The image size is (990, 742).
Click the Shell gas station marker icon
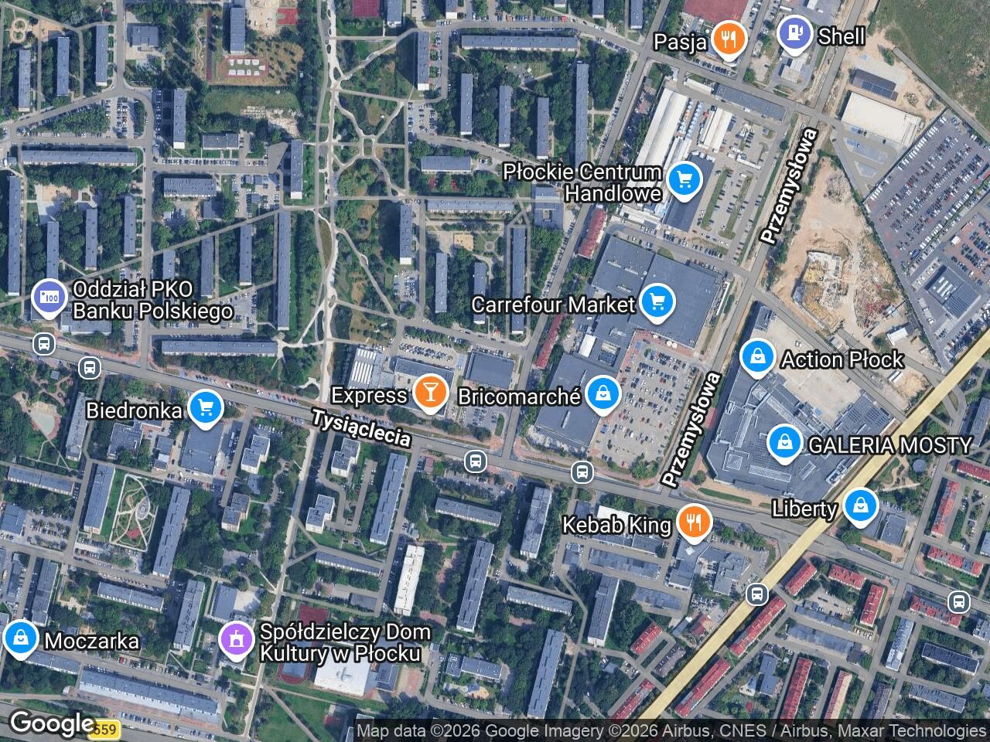coord(794,34)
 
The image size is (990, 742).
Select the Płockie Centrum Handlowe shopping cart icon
coord(683,181)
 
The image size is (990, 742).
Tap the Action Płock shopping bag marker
coord(758,357)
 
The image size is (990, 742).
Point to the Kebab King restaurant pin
coord(694,522)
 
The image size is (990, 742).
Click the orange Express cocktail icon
coord(428,393)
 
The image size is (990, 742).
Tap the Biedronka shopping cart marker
coord(205,407)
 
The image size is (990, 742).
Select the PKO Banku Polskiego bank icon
coord(49,297)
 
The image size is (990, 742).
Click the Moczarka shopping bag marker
coord(19,638)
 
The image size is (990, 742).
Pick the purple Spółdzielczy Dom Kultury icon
coord(237,639)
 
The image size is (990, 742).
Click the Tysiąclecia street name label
coord(361,427)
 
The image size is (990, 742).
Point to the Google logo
coord(51,723)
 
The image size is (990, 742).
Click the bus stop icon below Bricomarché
coord(582,471)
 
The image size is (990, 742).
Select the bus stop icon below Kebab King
coord(756,594)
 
